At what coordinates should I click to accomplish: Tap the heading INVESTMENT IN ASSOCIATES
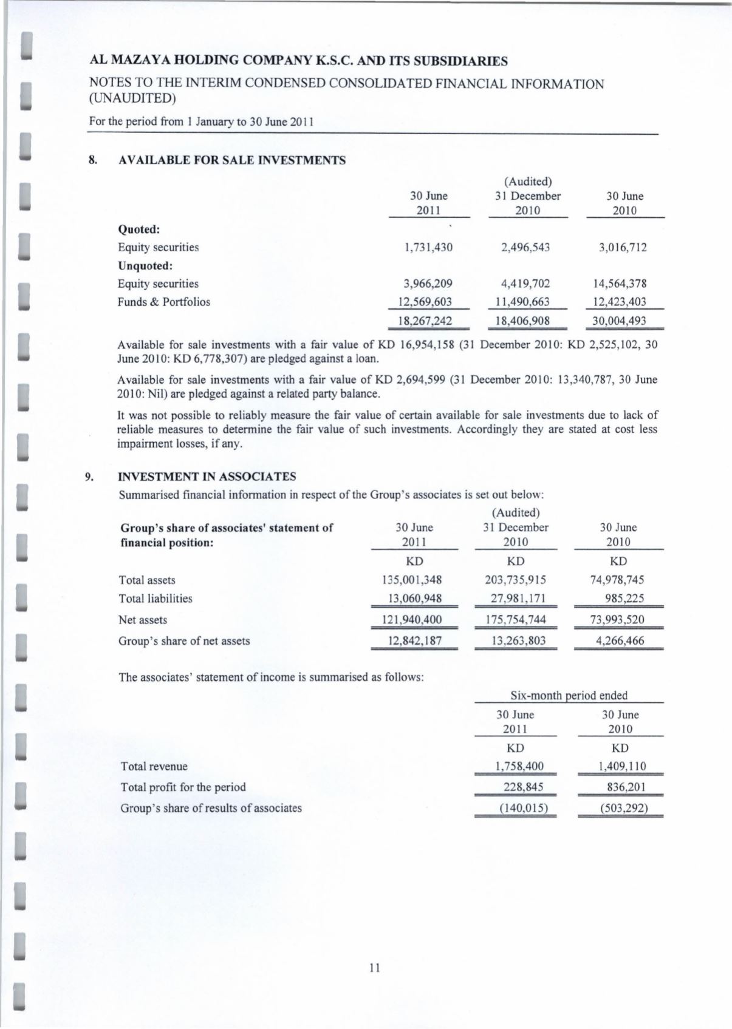(207, 477)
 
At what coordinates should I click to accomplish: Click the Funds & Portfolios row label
(163, 302)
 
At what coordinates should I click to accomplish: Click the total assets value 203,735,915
(516, 580)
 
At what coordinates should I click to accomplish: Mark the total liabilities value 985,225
(624, 599)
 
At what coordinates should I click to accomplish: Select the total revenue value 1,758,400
(516, 766)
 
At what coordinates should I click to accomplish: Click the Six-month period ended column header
(569, 696)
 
